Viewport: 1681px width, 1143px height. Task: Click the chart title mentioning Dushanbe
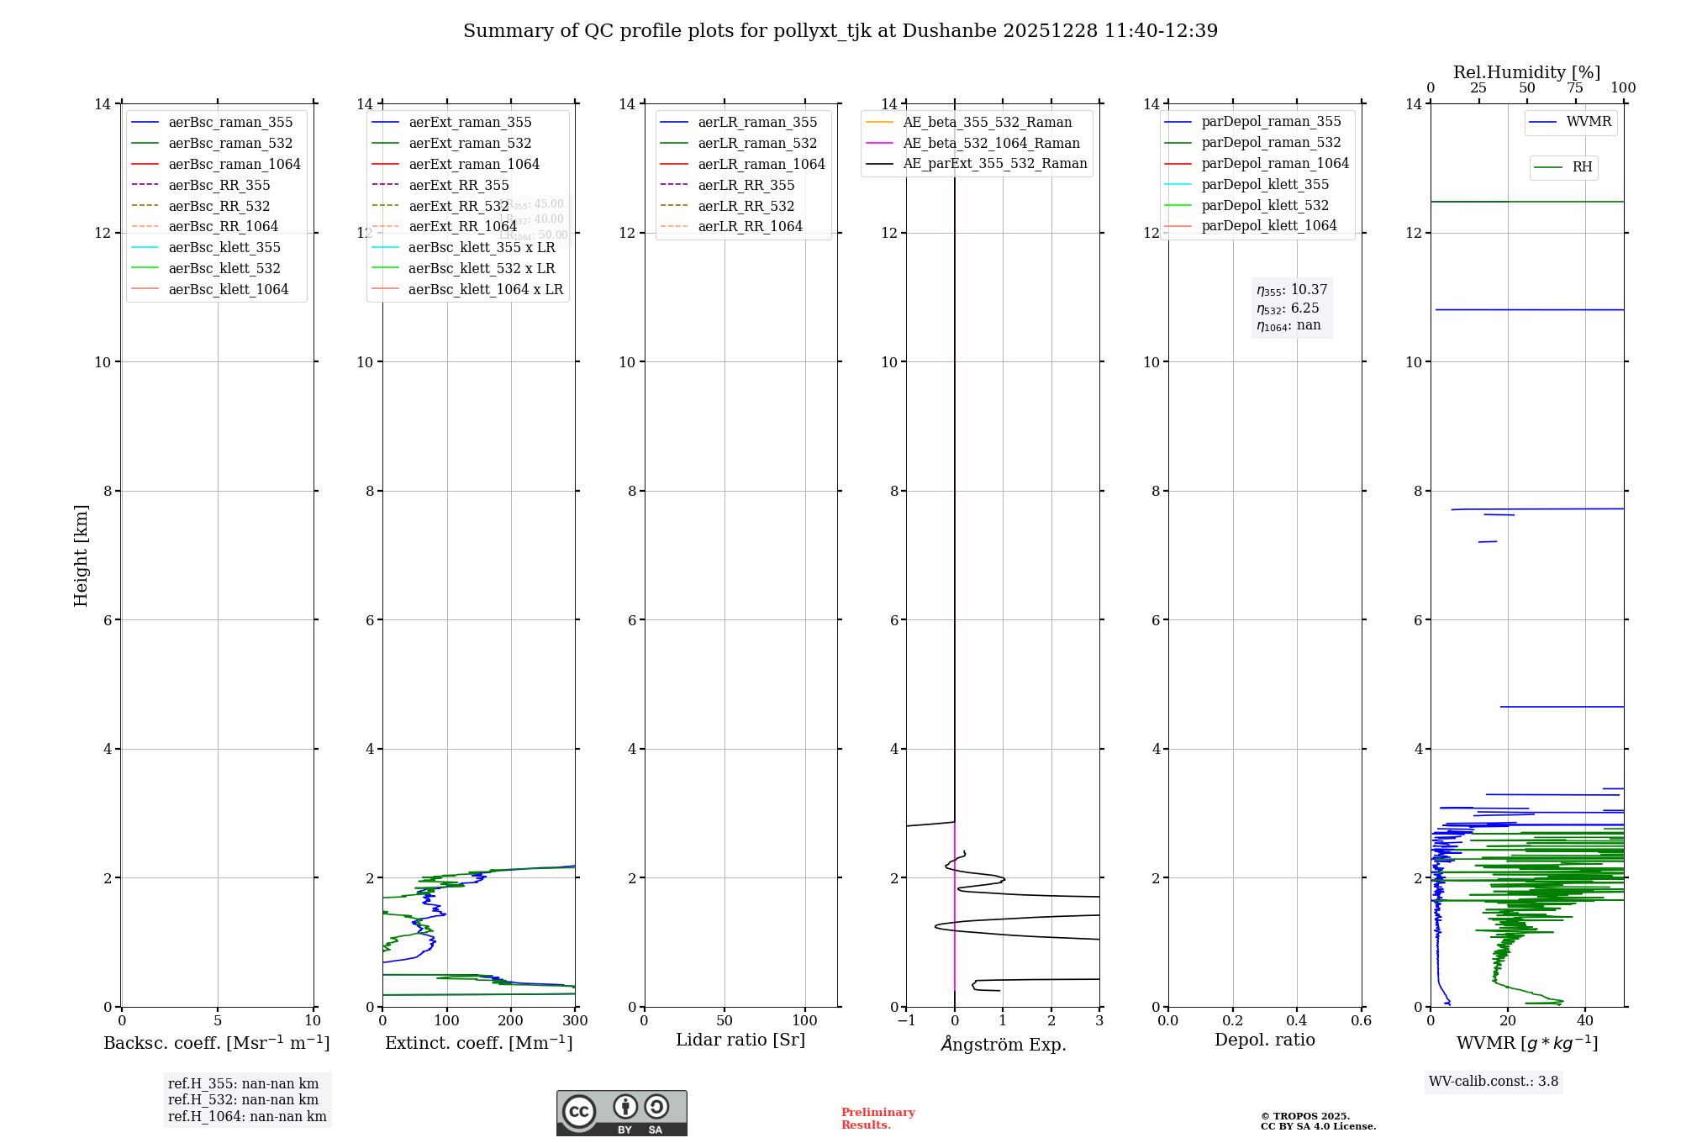[x=840, y=31]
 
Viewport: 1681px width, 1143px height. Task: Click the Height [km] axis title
[x=81, y=555]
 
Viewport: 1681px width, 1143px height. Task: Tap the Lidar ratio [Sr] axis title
[x=740, y=1040]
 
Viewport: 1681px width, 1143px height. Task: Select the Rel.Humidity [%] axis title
[x=1526, y=72]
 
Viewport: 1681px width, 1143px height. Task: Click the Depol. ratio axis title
[x=1264, y=1040]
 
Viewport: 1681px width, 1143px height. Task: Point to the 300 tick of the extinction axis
[x=576, y=1021]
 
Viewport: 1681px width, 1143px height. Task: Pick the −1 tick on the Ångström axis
[x=906, y=1021]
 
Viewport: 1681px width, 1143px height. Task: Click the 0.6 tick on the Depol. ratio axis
[x=1361, y=1021]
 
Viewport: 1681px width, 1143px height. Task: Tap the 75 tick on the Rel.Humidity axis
[x=1575, y=88]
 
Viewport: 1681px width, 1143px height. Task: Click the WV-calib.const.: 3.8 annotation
[x=1494, y=1082]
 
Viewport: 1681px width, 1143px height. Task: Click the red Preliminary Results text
[x=877, y=1119]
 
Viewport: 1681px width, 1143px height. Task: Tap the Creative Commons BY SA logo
[x=621, y=1113]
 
